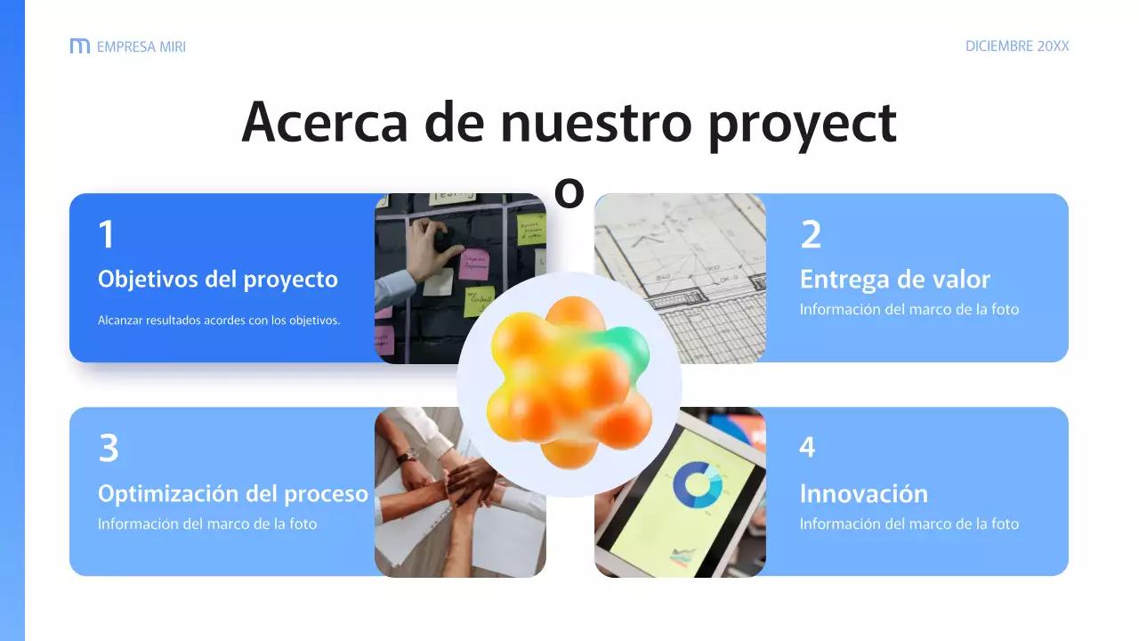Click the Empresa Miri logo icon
coord(79,46)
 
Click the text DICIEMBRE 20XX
coord(1017,46)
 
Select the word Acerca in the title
coord(324,123)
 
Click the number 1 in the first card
coord(107,235)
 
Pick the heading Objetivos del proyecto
coord(218,280)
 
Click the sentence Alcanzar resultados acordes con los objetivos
coord(219,320)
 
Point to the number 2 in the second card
coord(811,235)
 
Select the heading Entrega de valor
coord(894,280)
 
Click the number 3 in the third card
coord(108,449)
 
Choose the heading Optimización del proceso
coord(233,494)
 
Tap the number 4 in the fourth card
coord(807,448)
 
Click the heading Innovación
coord(863,494)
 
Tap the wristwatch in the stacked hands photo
coord(408,456)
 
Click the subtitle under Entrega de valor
coord(909,310)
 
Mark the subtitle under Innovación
coord(909,524)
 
